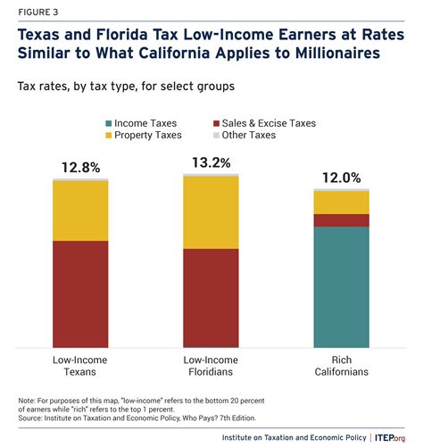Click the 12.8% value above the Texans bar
click(80, 166)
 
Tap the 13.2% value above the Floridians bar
click(211, 162)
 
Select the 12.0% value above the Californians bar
click(341, 177)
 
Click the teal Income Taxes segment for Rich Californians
click(341, 286)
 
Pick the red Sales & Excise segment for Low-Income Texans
click(80, 294)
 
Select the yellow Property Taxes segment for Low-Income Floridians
click(211, 212)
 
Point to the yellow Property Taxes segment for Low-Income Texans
click(80, 211)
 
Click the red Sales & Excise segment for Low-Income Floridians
click(211, 297)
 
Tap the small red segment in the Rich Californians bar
click(341, 220)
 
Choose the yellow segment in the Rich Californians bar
click(341, 203)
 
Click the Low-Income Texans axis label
click(80, 366)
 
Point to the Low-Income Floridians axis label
click(211, 366)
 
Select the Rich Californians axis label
click(341, 366)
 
